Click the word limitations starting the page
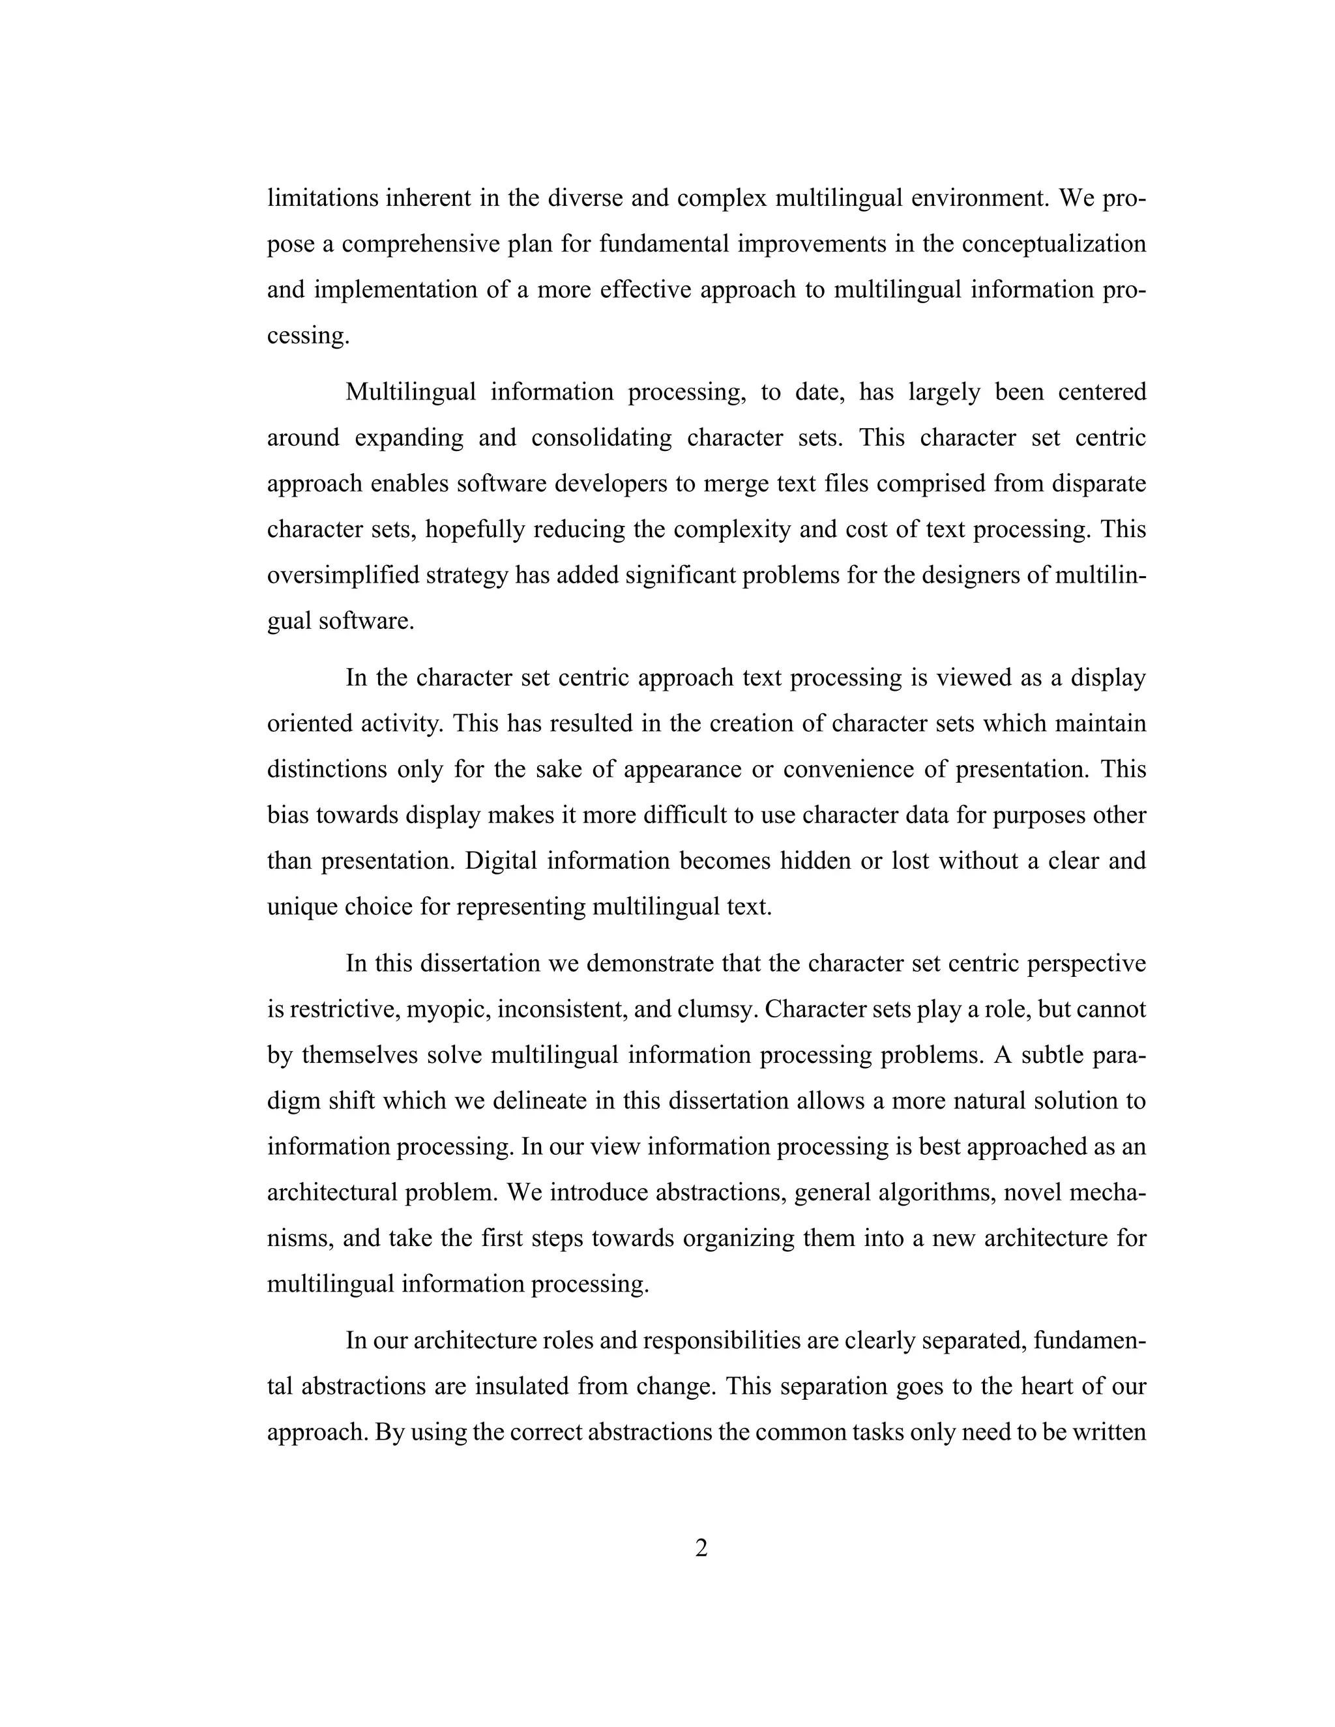coord(323,197)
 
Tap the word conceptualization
coord(1053,244)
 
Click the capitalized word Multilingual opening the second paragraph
coord(411,392)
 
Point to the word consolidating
coord(600,438)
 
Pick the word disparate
coord(1098,484)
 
